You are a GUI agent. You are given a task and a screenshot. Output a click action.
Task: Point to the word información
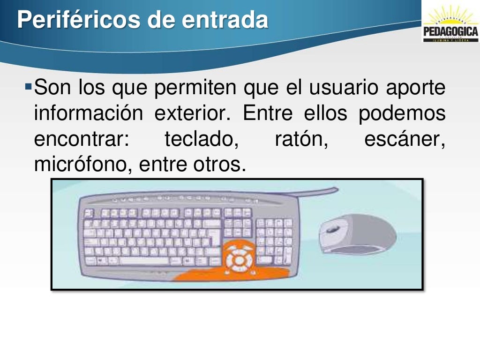(x=88, y=114)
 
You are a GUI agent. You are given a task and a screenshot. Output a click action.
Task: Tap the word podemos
(x=402, y=114)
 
